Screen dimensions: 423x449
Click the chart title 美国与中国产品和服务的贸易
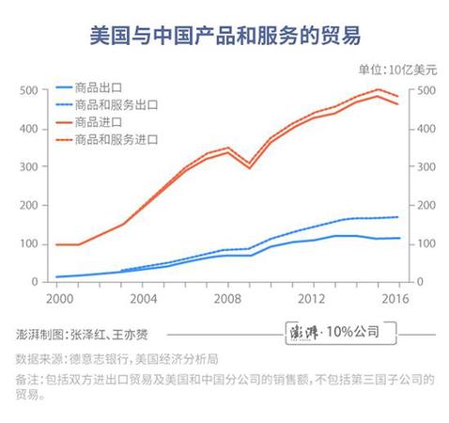224,36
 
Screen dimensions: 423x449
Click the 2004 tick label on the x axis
142,298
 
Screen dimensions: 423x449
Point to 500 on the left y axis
28,90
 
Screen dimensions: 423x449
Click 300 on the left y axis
28,167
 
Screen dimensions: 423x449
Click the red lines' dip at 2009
249,165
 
